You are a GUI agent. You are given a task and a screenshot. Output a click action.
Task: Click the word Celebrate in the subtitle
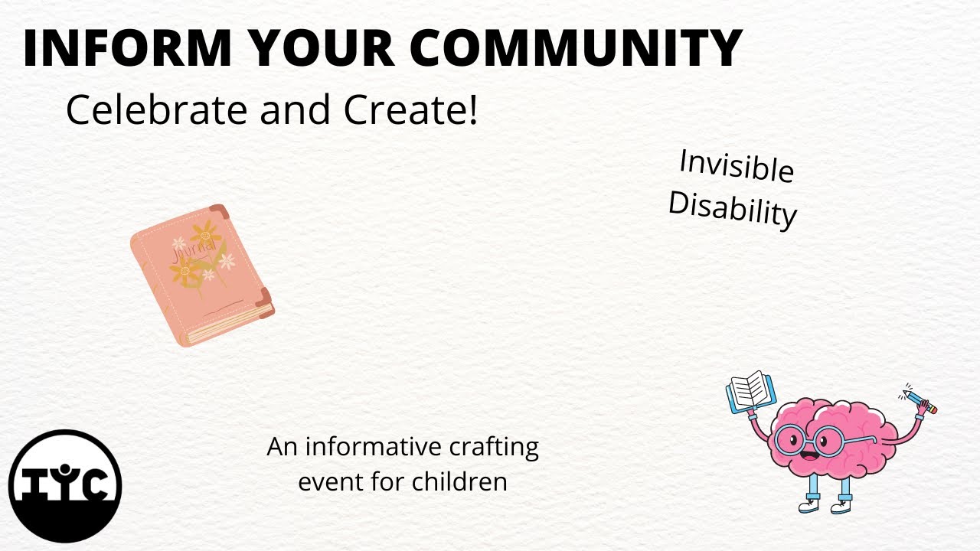click(x=157, y=110)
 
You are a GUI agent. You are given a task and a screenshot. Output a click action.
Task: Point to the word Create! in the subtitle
click(x=410, y=110)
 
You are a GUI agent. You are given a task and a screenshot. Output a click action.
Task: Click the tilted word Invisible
click(x=736, y=166)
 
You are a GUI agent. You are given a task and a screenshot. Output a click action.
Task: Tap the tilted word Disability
click(x=733, y=208)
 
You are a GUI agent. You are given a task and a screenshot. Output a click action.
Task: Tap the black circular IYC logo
click(x=65, y=486)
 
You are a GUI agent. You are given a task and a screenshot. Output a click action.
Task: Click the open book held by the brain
click(x=750, y=391)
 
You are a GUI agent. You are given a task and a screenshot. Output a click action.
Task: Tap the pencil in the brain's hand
click(x=919, y=401)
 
